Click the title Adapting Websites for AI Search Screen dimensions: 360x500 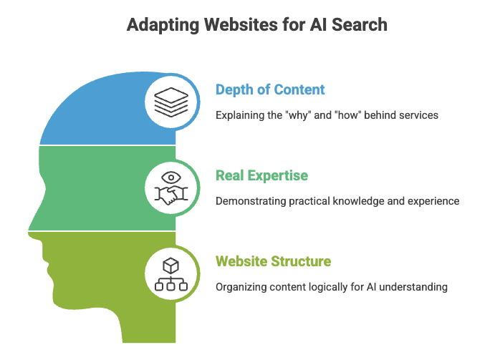(256, 25)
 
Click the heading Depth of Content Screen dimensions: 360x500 (270, 89)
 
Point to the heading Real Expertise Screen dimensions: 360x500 (263, 175)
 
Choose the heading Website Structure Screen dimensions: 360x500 (273, 261)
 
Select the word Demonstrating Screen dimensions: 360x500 (249, 201)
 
